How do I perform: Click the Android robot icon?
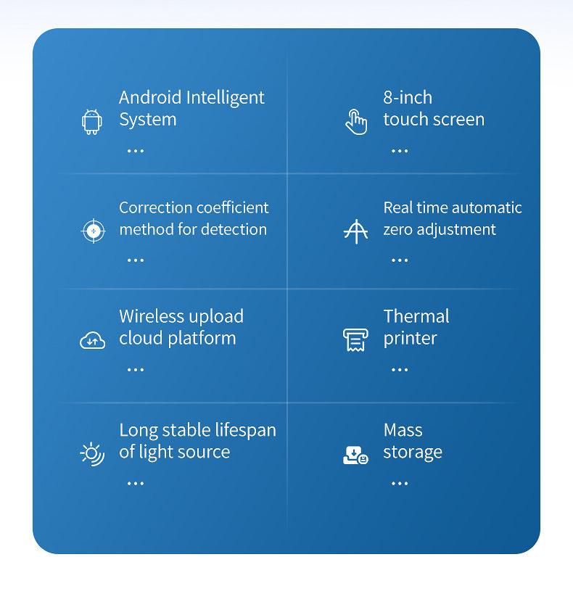pyautogui.click(x=92, y=122)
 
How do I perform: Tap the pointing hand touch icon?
pyautogui.click(x=356, y=122)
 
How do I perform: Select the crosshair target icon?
pyautogui.click(x=93, y=231)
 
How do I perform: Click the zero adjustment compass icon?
pyautogui.click(x=355, y=231)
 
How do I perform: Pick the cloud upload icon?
pyautogui.click(x=92, y=340)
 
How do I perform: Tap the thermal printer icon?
pyautogui.click(x=355, y=339)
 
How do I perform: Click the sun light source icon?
pyautogui.click(x=92, y=454)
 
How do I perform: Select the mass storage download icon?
pyautogui.click(x=355, y=455)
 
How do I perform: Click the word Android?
pyautogui.click(x=150, y=97)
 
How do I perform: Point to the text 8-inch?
pyautogui.click(x=408, y=97)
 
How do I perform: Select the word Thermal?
pyautogui.click(x=416, y=316)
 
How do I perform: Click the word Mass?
pyautogui.click(x=403, y=430)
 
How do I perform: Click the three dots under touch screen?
pyautogui.click(x=400, y=151)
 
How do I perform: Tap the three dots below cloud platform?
pyautogui.click(x=136, y=369)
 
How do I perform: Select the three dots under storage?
pyautogui.click(x=400, y=484)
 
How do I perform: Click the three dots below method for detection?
pyautogui.click(x=136, y=260)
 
